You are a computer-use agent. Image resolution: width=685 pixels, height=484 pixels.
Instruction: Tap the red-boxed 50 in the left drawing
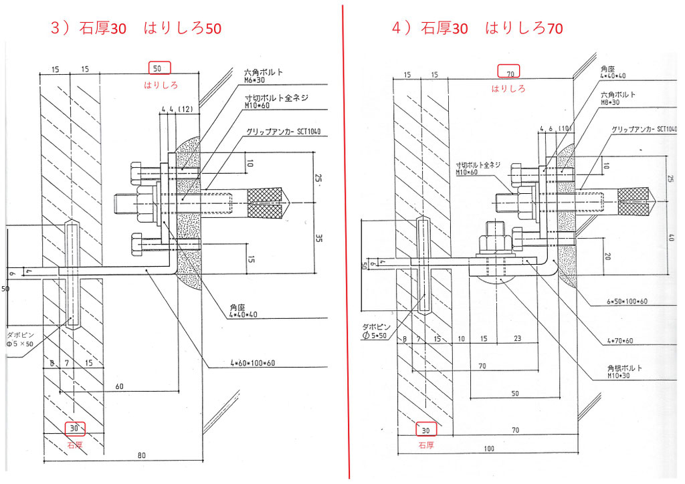coord(158,68)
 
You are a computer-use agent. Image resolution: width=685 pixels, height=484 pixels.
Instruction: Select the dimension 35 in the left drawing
coord(318,237)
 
